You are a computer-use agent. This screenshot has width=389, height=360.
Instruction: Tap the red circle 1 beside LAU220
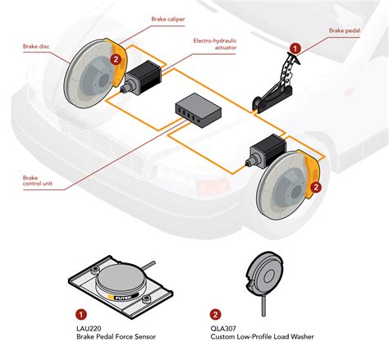click(80, 313)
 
